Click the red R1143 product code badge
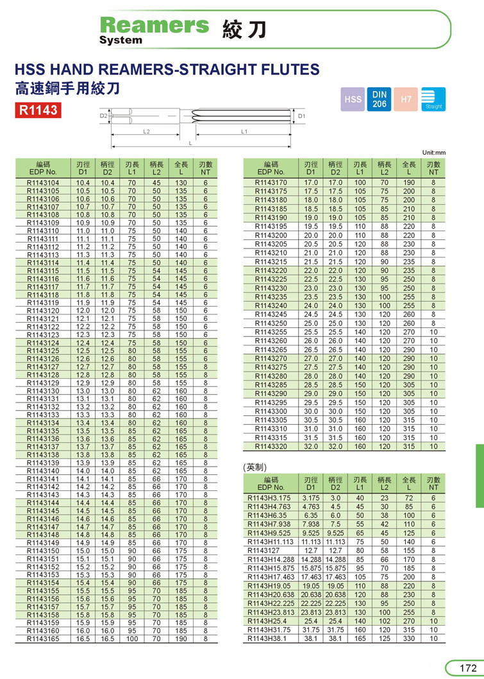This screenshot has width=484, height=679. coord(38,110)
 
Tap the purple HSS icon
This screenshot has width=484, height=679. coord(353,99)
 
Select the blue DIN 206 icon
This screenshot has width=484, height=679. coord(380,99)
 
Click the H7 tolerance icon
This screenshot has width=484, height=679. coord(406,99)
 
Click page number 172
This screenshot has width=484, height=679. coord(467,668)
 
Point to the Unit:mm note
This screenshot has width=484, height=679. coord(434,153)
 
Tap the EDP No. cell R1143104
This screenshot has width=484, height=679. coord(43,183)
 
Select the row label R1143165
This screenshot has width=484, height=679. coord(43,639)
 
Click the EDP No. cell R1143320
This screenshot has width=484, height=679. coord(271,446)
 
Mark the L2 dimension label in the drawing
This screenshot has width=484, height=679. coord(146,131)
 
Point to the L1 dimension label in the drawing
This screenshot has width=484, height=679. coord(244,131)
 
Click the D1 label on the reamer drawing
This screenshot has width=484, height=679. coord(319,116)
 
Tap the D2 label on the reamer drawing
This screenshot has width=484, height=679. coord(103,116)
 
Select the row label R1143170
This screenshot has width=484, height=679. coord(271,183)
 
